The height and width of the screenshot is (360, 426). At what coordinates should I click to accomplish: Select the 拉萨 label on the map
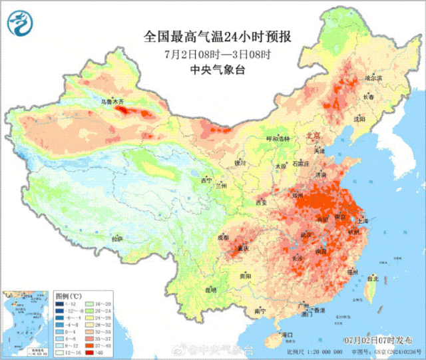click(117, 238)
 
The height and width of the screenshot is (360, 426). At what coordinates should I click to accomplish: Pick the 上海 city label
click(363, 220)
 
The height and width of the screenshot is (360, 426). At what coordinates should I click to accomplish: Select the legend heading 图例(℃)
click(69, 295)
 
